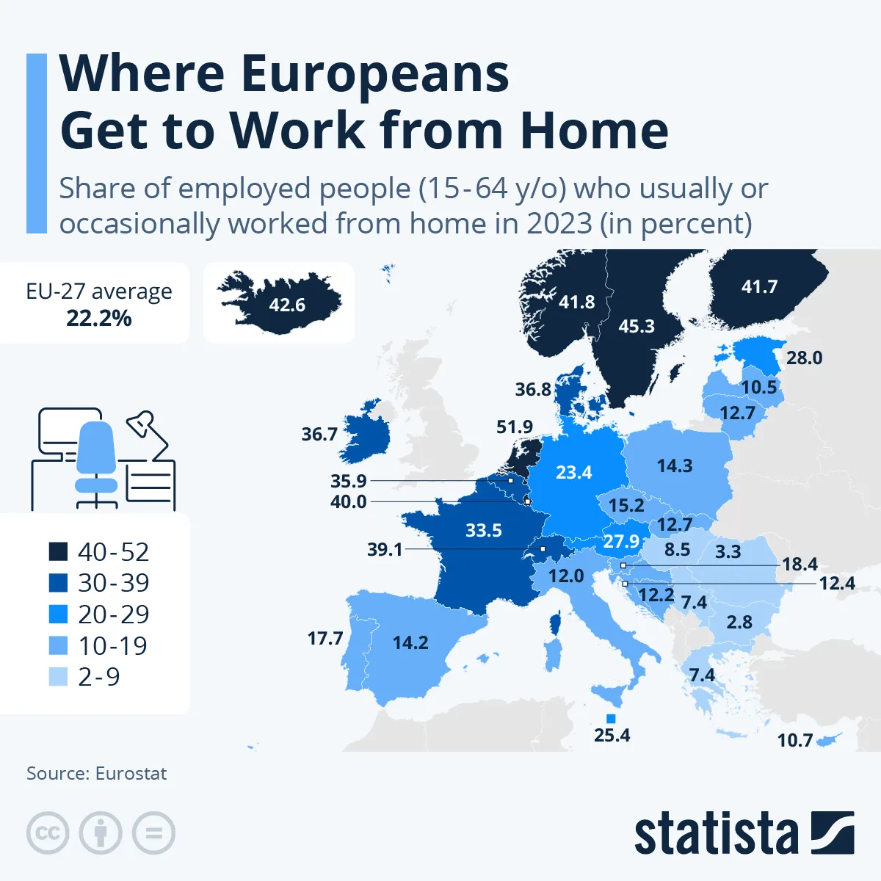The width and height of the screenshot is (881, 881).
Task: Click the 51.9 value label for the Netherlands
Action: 515,427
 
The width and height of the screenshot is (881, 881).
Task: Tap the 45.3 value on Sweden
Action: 636,326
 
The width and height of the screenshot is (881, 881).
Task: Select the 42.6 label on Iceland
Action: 287,305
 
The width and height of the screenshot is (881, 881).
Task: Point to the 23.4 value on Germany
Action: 573,472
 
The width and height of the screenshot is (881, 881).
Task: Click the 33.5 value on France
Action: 484,530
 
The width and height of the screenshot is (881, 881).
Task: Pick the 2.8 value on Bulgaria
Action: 739,622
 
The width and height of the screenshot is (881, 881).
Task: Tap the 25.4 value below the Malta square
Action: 612,735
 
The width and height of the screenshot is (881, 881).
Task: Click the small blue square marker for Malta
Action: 611,718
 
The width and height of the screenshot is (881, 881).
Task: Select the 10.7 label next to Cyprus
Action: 795,740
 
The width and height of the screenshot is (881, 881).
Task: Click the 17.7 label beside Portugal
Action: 325,638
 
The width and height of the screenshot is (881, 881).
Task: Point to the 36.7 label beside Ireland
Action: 319,434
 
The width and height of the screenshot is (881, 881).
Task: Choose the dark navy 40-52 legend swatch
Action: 58,551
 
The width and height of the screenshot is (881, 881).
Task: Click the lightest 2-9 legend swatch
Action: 58,676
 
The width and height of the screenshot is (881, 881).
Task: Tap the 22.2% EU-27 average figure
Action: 99,318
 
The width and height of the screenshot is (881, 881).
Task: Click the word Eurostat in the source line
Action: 131,773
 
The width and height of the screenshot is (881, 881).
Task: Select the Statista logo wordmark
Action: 716,834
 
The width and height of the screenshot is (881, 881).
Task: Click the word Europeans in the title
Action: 374,73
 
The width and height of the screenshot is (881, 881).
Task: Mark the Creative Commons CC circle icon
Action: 48,833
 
